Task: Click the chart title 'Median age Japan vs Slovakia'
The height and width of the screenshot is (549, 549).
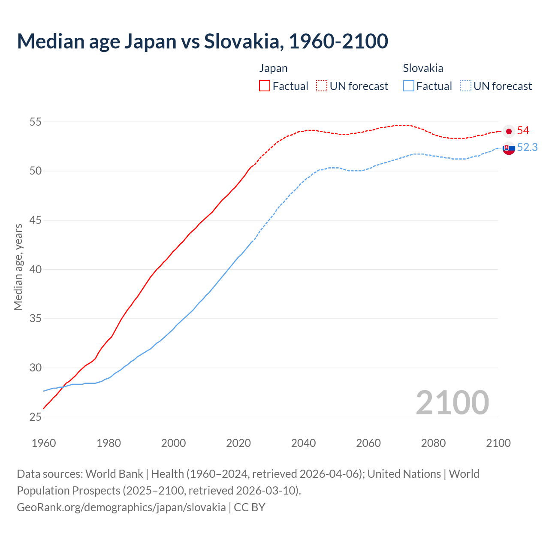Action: tap(202, 41)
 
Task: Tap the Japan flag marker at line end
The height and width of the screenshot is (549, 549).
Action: tap(509, 131)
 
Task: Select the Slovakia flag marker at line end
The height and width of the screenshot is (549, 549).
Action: tap(509, 148)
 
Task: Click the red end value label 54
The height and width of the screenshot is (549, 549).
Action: tap(523, 131)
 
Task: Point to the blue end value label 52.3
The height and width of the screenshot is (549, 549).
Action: tap(527, 148)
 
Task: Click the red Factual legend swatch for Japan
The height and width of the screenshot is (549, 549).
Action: tap(265, 86)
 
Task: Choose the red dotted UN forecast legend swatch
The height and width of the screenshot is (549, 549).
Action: tap(322, 86)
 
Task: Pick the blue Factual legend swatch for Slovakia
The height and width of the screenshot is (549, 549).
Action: tap(409, 86)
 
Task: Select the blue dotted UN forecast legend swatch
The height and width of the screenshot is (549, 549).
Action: tap(465, 86)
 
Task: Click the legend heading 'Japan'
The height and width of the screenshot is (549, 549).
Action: tap(273, 68)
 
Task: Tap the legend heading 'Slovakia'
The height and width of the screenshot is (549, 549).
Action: tap(423, 68)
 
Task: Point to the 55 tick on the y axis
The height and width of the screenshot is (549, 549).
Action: tap(35, 122)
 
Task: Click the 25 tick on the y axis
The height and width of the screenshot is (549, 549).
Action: tap(35, 417)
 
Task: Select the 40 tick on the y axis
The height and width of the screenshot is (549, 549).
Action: tap(35, 270)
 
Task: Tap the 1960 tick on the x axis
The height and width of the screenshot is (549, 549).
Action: tap(44, 443)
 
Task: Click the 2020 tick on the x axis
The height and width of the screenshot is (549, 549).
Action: tap(238, 443)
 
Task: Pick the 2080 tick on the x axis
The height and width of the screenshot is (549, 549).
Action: tap(433, 443)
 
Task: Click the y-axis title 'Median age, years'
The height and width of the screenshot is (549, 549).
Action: tap(18, 267)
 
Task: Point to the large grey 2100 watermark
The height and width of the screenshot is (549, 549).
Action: tap(452, 403)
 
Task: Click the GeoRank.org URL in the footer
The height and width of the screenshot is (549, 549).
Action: tap(121, 507)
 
